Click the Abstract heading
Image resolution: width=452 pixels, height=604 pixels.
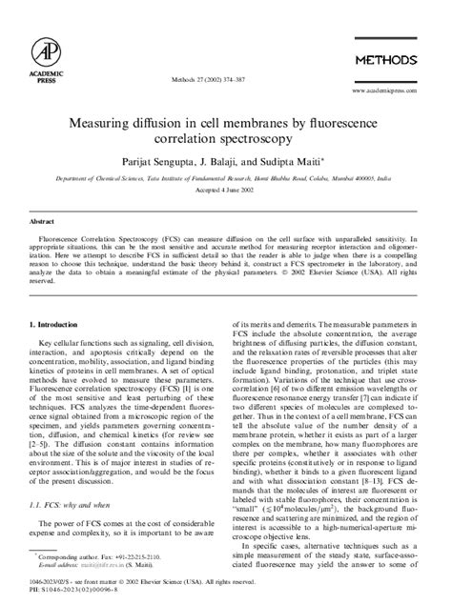[x=43, y=218]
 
